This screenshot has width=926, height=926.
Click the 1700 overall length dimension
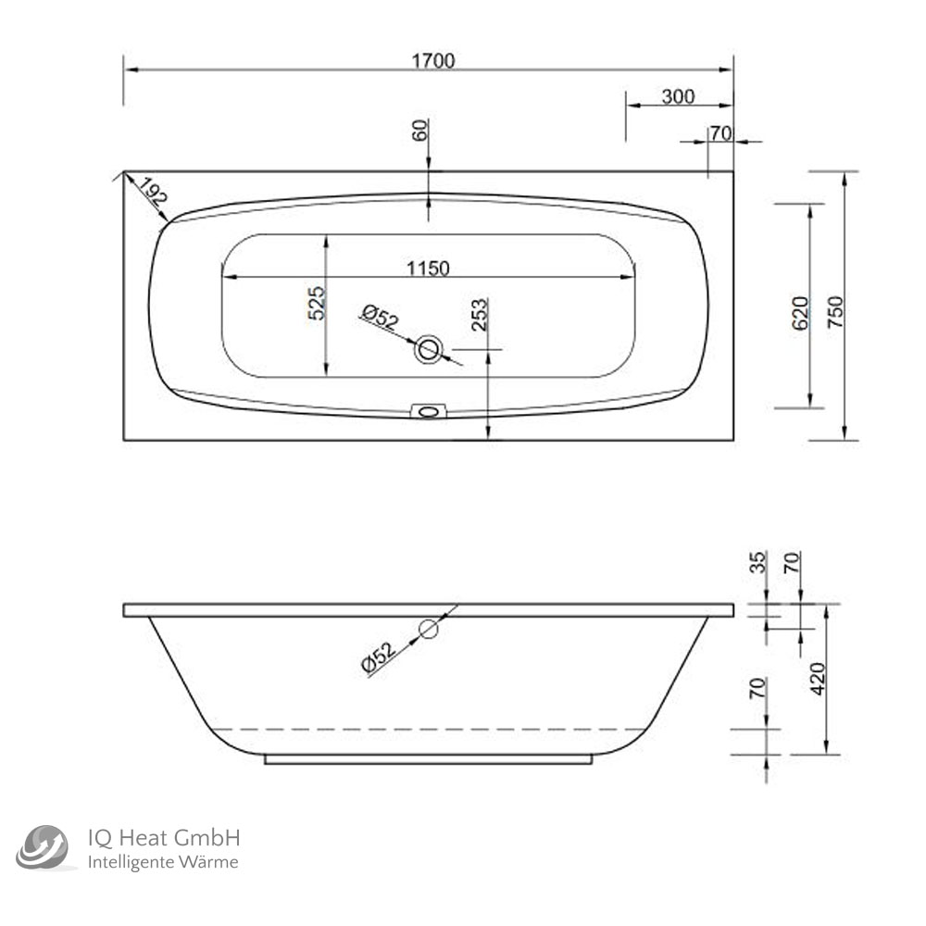[x=432, y=60]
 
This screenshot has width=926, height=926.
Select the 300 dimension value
[x=679, y=96]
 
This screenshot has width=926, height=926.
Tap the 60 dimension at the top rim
[x=420, y=131]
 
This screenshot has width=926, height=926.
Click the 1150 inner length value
[x=426, y=269]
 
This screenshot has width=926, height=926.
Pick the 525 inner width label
[x=317, y=304]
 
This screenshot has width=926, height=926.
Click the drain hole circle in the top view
[x=429, y=349]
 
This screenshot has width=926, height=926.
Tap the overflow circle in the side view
[x=428, y=630]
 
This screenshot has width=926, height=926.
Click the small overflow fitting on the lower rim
[x=428, y=410]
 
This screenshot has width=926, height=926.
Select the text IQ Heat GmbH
[x=164, y=838]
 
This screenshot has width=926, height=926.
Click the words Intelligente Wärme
[x=163, y=862]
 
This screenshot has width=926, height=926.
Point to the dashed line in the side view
[x=426, y=730]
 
